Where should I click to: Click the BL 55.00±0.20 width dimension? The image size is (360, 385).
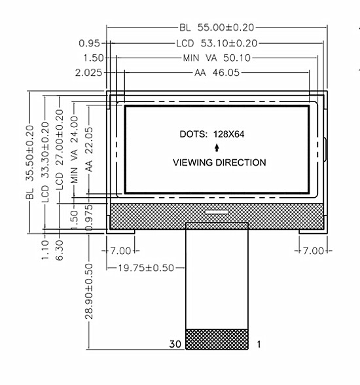click(x=217, y=27)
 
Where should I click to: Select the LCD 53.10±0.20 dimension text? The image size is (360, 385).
click(x=217, y=43)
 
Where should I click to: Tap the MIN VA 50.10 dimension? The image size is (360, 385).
click(x=217, y=58)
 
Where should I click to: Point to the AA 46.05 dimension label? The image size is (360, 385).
click(x=217, y=73)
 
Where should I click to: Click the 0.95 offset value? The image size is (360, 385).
click(x=90, y=43)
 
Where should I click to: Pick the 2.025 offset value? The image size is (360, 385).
click(x=88, y=73)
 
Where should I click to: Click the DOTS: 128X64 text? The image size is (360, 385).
click(x=212, y=134)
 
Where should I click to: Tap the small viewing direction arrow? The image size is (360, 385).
click(x=217, y=148)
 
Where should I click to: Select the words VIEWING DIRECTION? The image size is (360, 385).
click(x=219, y=162)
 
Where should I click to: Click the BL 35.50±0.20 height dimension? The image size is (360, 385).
click(x=29, y=162)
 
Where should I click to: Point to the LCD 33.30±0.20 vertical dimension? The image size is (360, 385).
click(x=45, y=162)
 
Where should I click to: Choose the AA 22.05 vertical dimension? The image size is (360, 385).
click(x=89, y=149)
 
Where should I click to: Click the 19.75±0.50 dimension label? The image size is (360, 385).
click(x=146, y=268)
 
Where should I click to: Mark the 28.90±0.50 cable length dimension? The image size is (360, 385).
click(x=89, y=291)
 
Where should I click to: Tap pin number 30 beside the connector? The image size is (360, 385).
click(x=175, y=344)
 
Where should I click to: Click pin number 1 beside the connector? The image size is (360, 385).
click(x=259, y=344)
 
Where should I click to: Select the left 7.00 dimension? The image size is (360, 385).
click(x=120, y=251)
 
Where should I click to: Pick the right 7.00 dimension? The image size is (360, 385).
click(x=314, y=251)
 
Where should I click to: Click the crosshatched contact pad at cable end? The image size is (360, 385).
click(x=217, y=339)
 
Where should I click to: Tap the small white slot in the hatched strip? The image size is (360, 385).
click(x=217, y=211)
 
